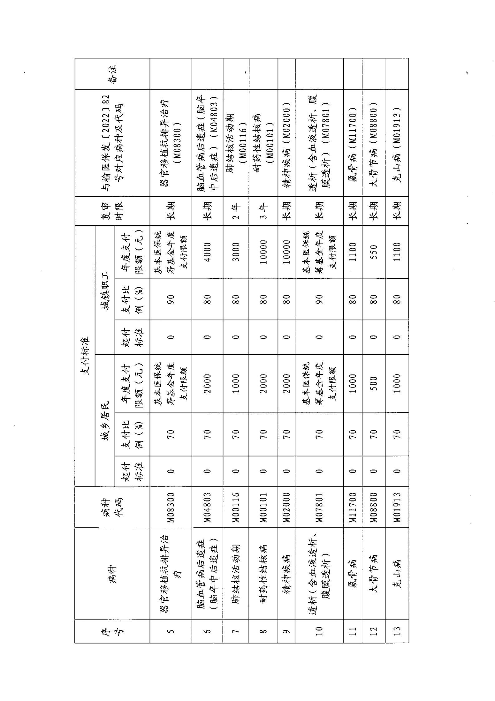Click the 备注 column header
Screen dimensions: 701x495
112,74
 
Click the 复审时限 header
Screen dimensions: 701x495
112,211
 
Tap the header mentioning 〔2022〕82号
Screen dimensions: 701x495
112,143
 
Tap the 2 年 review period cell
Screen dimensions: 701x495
236,211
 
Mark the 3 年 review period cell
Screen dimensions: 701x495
263,211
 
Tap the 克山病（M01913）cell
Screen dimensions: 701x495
397,143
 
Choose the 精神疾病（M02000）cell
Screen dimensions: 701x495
287,143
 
